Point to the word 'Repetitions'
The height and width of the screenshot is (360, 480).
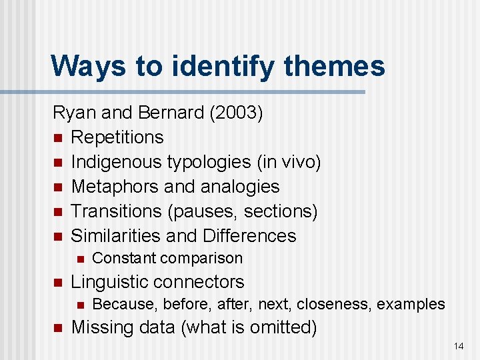117,137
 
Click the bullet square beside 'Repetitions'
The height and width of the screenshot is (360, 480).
57,138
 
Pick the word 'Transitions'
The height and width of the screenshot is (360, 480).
117,211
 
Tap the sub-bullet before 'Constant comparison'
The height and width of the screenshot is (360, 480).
79,259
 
